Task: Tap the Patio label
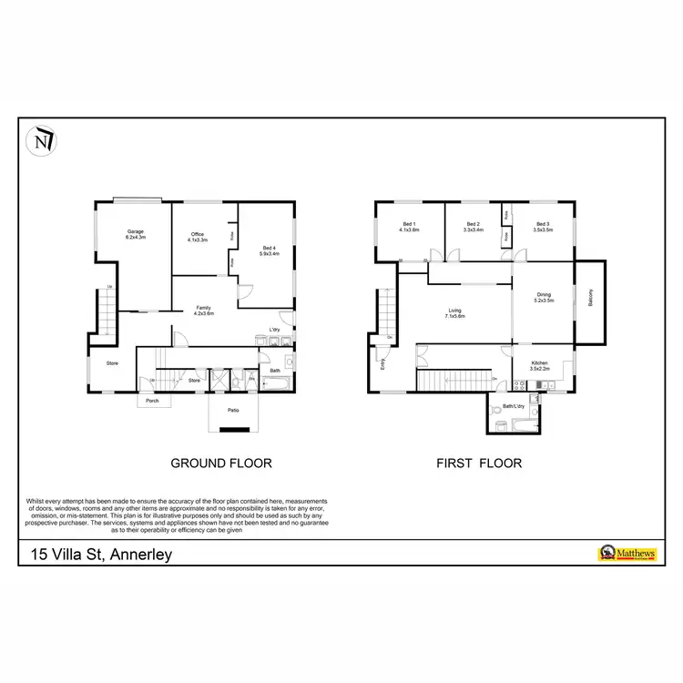click(234, 411)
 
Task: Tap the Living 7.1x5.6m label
click(454, 313)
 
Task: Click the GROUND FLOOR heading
click(221, 463)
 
